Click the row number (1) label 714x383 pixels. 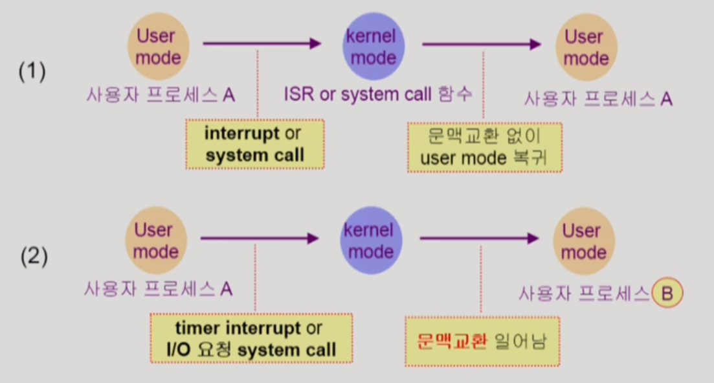coord(32,71)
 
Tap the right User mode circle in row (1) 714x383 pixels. coord(586,47)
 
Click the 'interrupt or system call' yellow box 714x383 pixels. coord(254,144)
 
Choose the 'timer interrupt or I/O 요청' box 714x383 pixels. coord(251,339)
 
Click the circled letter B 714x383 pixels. coord(667,294)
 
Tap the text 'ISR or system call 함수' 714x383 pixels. coord(378,95)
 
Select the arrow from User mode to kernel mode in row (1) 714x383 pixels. coord(262,43)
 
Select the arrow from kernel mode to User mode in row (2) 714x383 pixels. coord(479,238)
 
